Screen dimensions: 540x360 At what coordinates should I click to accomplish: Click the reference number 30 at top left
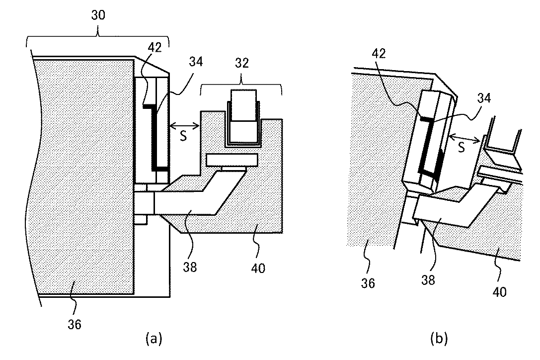(98, 15)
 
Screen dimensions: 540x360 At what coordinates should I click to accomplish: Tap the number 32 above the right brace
(242, 63)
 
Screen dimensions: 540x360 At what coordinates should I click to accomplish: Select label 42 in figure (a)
(154, 47)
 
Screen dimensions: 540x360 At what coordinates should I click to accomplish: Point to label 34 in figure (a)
(196, 61)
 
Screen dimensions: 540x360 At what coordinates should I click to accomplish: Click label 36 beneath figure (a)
(75, 325)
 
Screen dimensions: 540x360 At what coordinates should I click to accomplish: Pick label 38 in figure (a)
(190, 267)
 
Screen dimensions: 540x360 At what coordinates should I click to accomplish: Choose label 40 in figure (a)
(258, 268)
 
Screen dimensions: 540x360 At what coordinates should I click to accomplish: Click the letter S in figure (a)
(183, 136)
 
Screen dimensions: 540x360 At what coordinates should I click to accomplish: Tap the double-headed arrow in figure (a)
(185, 126)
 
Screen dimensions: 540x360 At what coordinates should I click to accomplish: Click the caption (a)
(154, 338)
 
